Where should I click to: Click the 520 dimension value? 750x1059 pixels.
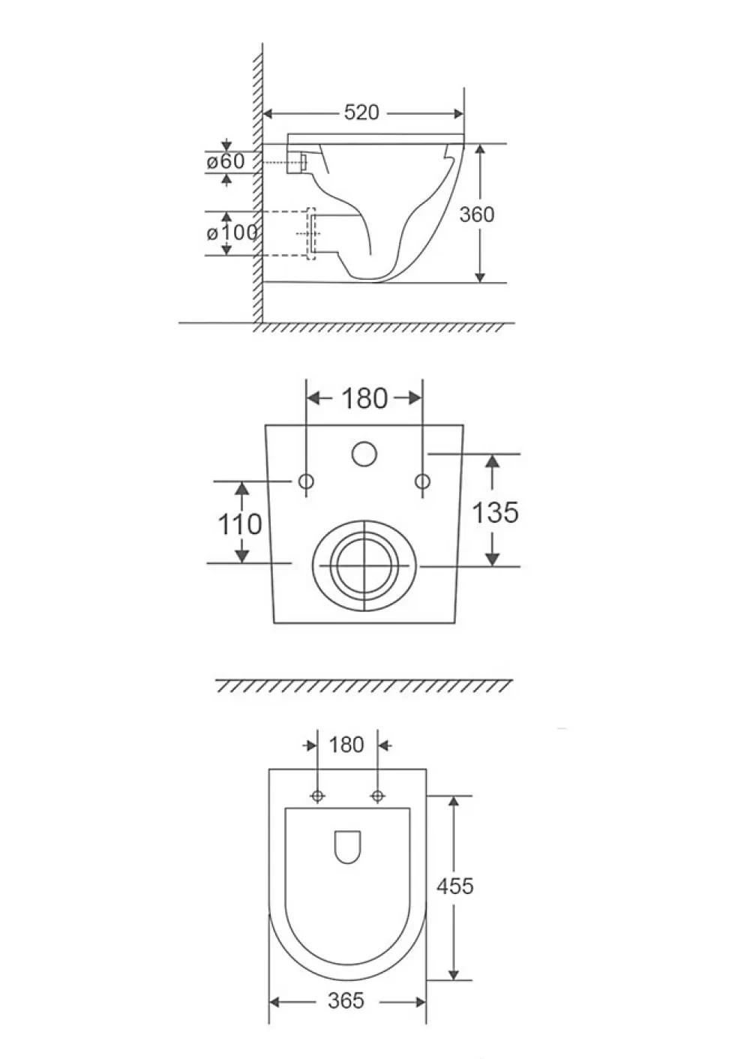click(x=361, y=112)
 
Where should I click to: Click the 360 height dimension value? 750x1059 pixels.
click(x=477, y=214)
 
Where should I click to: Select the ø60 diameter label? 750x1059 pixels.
click(x=226, y=161)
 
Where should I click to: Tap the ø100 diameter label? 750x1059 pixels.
click(x=232, y=232)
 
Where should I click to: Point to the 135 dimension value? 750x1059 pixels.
click(x=495, y=512)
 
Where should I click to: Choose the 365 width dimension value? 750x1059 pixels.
click(x=346, y=1000)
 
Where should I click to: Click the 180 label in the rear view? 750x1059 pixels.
click(x=364, y=398)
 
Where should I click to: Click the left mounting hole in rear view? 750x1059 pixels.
click(x=306, y=481)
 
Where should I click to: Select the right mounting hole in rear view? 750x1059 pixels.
click(x=422, y=481)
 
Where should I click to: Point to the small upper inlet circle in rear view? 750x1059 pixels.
click(x=364, y=454)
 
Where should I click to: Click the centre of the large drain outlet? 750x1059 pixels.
click(x=364, y=565)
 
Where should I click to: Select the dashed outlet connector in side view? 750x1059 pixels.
click(x=311, y=233)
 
